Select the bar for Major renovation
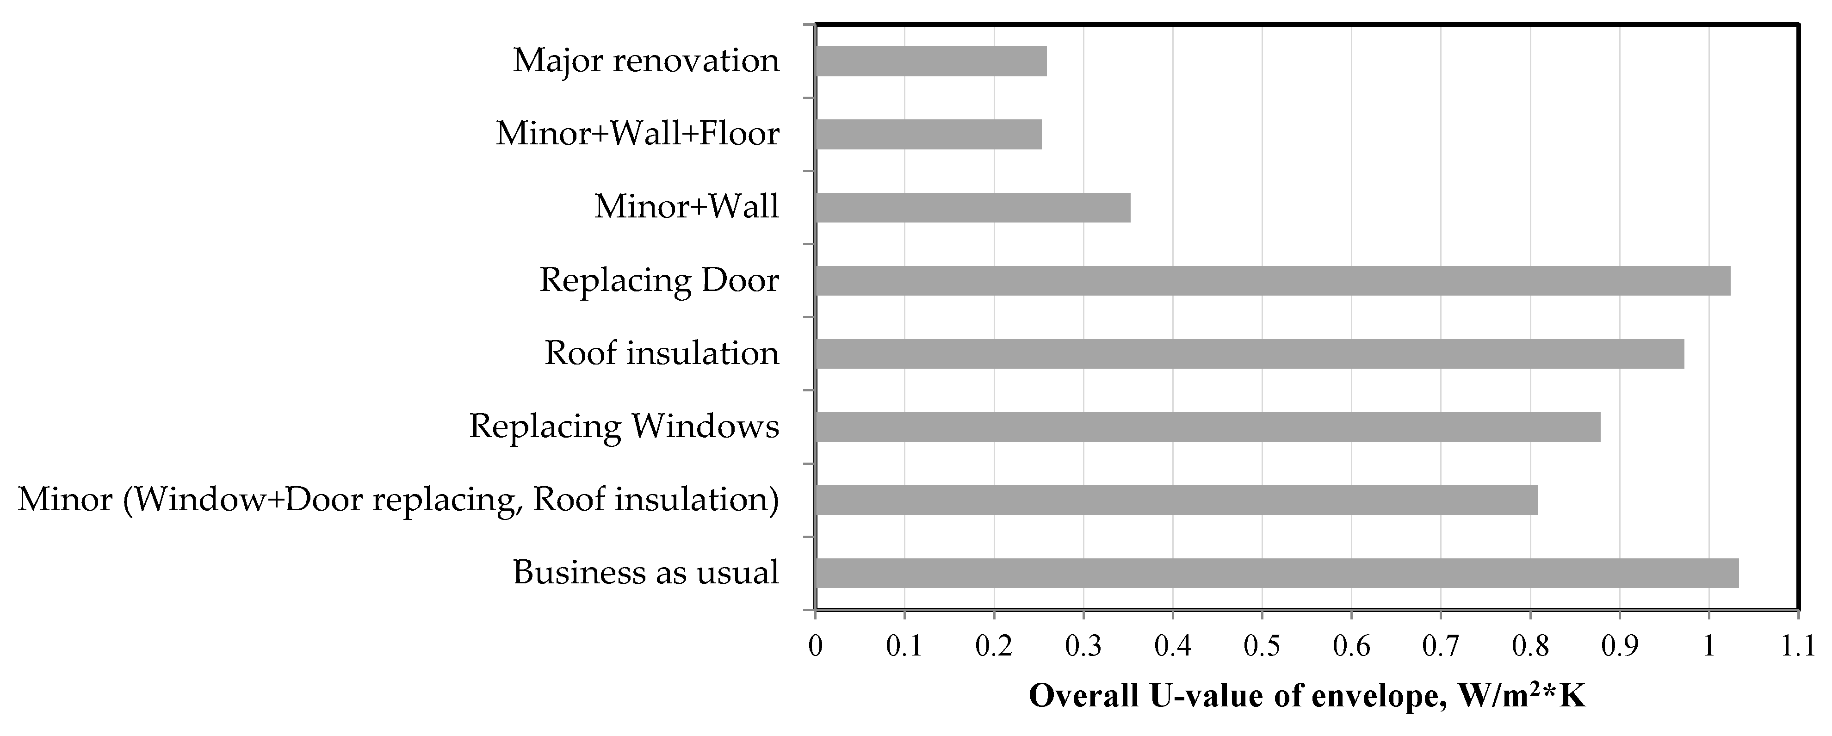tap(930, 61)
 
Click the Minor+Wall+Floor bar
tap(928, 135)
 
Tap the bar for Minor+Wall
tap(972, 208)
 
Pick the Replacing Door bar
tap(1272, 281)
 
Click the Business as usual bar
tap(1276, 573)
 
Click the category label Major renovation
tap(646, 61)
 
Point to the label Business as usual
tap(646, 573)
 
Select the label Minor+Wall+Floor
tap(637, 135)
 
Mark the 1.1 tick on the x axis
tap(1798, 646)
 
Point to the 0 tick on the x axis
tap(815, 646)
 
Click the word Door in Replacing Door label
tap(740, 281)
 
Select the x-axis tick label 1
tap(1708, 646)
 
